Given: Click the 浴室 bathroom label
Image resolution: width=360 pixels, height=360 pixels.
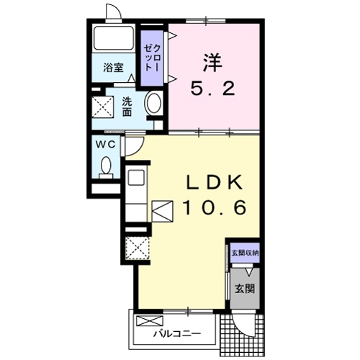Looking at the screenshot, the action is pos(113,68).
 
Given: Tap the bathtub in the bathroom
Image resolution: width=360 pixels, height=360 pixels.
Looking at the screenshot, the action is pos(113,38).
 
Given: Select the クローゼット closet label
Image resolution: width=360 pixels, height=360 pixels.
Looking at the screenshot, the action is pos(152,58).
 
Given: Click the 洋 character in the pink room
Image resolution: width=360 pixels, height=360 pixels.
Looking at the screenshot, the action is pos(212,63).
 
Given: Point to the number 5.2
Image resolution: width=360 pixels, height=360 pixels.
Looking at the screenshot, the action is pos(212,88).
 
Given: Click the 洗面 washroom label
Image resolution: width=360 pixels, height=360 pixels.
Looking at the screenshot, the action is pos(127,107).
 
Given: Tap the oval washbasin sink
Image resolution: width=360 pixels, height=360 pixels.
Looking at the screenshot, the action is pos(153,103).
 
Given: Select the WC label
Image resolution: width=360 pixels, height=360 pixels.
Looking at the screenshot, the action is pos(106,145).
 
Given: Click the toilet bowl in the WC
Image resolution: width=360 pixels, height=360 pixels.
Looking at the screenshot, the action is pos(106,165).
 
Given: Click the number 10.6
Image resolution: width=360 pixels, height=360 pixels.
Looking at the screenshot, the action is pos(215,207).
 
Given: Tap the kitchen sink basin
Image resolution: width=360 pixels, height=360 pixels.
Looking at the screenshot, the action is pos(136,177).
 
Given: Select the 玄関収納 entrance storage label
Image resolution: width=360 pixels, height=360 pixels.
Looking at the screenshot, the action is pos(245,253).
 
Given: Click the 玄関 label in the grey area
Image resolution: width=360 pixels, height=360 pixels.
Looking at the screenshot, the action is pos(245,289).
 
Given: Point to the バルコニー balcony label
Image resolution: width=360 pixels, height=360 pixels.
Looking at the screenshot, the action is pos(177,333).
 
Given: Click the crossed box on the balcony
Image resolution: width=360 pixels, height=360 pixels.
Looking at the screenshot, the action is pos(150,321).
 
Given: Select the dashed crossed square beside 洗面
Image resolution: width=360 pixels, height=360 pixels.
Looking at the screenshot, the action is pos(103,107).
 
